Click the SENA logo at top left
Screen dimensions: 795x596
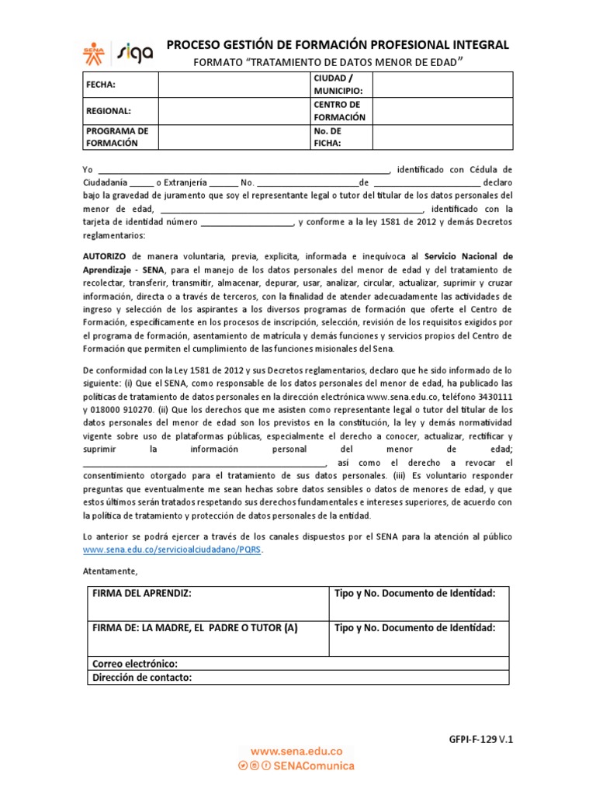point(97,52)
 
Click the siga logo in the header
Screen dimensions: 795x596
point(135,52)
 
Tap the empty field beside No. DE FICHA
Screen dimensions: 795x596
point(442,137)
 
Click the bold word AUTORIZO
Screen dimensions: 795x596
point(106,255)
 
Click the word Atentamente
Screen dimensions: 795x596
point(109,571)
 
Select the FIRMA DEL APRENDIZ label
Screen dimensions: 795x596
point(141,594)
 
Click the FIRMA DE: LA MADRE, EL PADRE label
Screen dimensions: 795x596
point(195,628)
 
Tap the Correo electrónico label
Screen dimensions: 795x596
point(135,664)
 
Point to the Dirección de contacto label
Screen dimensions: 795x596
point(141,678)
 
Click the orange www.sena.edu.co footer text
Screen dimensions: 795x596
point(296,752)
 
